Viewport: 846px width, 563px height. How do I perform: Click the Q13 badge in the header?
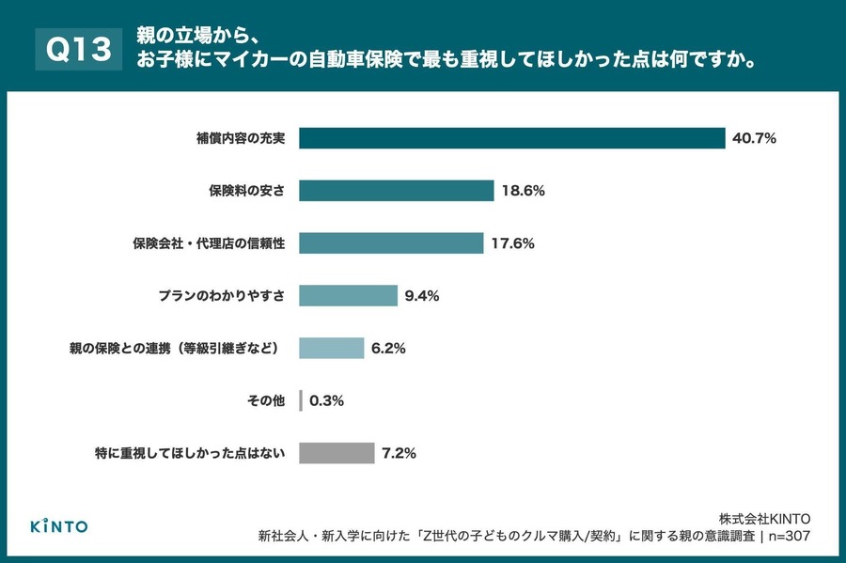pyautogui.click(x=79, y=50)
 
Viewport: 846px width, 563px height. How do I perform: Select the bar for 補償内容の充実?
pyautogui.click(x=512, y=138)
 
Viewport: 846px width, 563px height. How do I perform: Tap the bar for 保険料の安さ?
pyautogui.click(x=396, y=191)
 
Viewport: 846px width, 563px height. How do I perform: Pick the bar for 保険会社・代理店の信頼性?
pyautogui.click(x=391, y=243)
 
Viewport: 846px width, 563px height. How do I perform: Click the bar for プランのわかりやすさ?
pyautogui.click(x=348, y=295)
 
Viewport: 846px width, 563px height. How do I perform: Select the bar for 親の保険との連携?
pyautogui.click(x=331, y=348)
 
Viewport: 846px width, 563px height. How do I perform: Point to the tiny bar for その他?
pyautogui.click(x=301, y=400)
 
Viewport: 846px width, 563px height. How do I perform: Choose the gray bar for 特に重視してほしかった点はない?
pyautogui.click(x=337, y=453)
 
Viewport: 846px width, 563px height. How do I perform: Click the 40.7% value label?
pyautogui.click(x=754, y=138)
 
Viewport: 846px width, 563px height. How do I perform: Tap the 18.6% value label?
pyautogui.click(x=523, y=191)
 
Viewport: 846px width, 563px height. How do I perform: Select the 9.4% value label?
pyautogui.click(x=422, y=295)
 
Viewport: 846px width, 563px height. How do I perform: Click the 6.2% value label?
pyautogui.click(x=388, y=348)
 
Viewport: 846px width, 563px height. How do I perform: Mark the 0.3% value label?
pyautogui.click(x=326, y=400)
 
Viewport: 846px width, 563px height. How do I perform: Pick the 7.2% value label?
pyautogui.click(x=399, y=453)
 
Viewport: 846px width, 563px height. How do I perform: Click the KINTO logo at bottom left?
pyautogui.click(x=59, y=525)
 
